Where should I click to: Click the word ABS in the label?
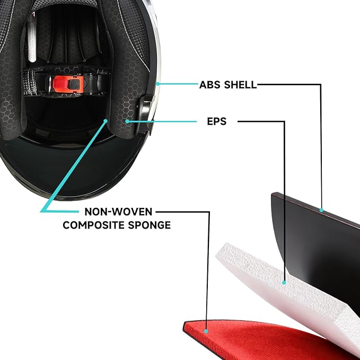pos(210,85)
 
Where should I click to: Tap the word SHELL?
pos(240,85)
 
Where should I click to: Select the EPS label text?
pos(217,121)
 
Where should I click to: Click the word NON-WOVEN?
pos(118,212)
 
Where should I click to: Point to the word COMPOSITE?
pos(94,225)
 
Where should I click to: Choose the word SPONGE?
pos(149,225)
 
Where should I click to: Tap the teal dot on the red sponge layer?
pos(206,331)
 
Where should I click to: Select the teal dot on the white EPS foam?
pos(284,283)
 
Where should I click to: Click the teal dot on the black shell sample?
pos(321,210)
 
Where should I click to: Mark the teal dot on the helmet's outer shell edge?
pos(158,84)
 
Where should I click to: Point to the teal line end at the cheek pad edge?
pos(106,120)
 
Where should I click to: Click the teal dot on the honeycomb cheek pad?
pos(127,121)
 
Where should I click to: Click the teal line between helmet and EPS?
pos(162,121)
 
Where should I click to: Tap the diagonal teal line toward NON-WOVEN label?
pos(74,165)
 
